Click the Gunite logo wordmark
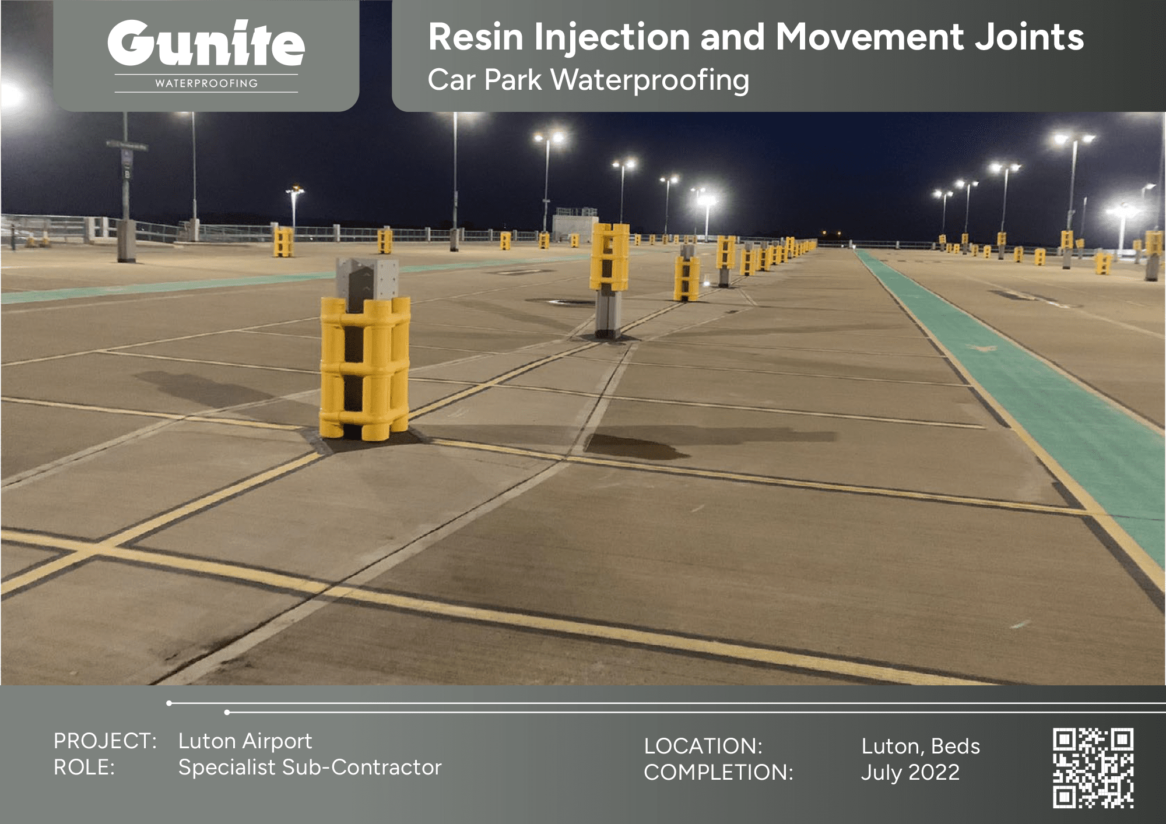(x=206, y=43)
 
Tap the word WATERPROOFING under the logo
(x=206, y=83)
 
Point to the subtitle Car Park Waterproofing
(x=589, y=80)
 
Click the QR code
(x=1093, y=767)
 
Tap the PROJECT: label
(x=105, y=741)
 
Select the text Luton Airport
(x=245, y=741)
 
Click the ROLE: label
(x=84, y=767)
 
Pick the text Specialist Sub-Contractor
(x=310, y=768)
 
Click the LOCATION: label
(x=703, y=746)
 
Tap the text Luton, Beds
(x=921, y=746)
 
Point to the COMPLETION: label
(x=719, y=772)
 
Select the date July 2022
(x=911, y=773)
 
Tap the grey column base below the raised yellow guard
(x=607, y=314)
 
